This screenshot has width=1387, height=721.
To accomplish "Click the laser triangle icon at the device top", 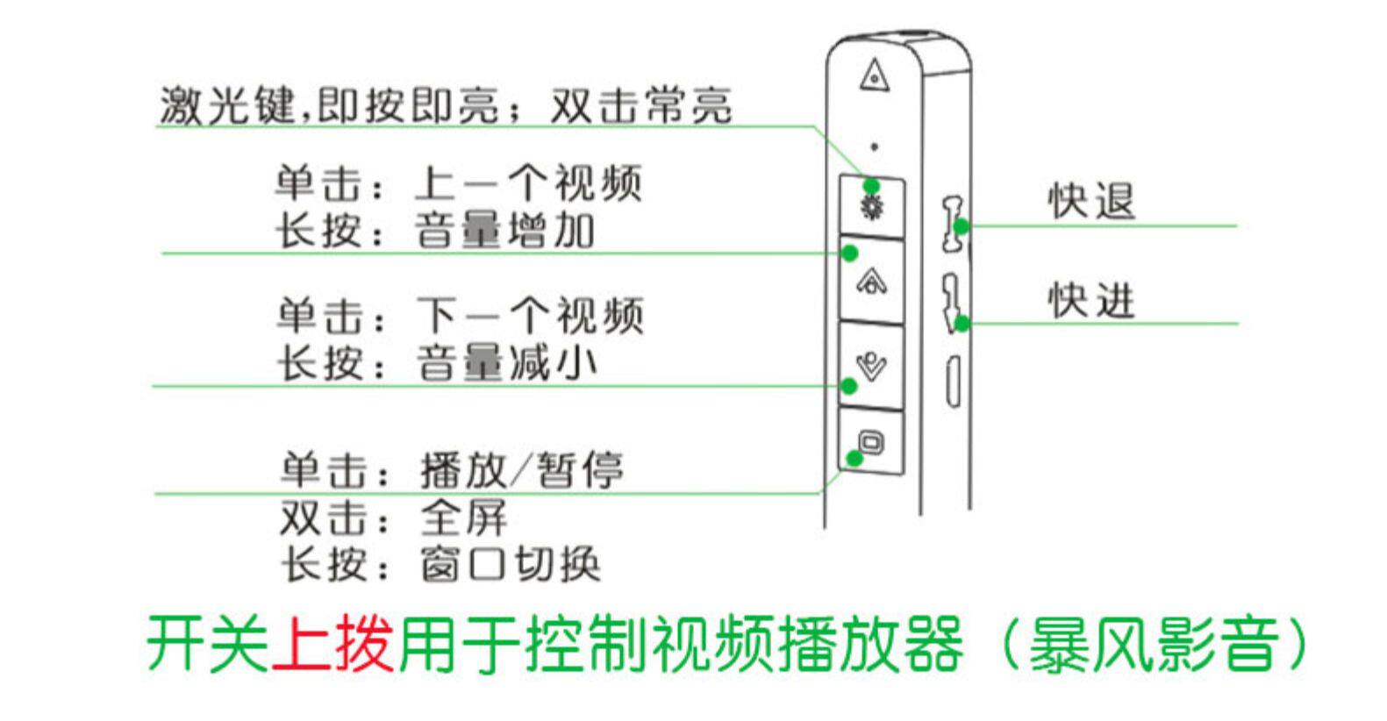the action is (x=874, y=75).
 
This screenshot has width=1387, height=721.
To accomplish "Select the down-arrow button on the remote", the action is (x=871, y=364).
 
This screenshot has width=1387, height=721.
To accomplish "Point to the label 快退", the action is (x=1091, y=201).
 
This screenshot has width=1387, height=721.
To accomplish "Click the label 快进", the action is (x=1091, y=301).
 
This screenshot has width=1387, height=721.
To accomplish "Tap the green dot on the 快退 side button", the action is (x=962, y=226).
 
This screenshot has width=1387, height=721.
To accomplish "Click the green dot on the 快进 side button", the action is (x=962, y=324).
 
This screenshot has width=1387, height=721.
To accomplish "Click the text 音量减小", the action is (x=506, y=363).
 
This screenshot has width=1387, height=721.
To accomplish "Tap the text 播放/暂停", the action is (x=521, y=470).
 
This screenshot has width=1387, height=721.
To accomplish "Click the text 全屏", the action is (x=463, y=518).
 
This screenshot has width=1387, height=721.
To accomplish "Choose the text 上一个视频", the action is (x=528, y=183).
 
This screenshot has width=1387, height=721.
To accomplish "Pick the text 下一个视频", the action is (x=530, y=316).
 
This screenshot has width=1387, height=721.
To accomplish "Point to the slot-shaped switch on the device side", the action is (x=953, y=382).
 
